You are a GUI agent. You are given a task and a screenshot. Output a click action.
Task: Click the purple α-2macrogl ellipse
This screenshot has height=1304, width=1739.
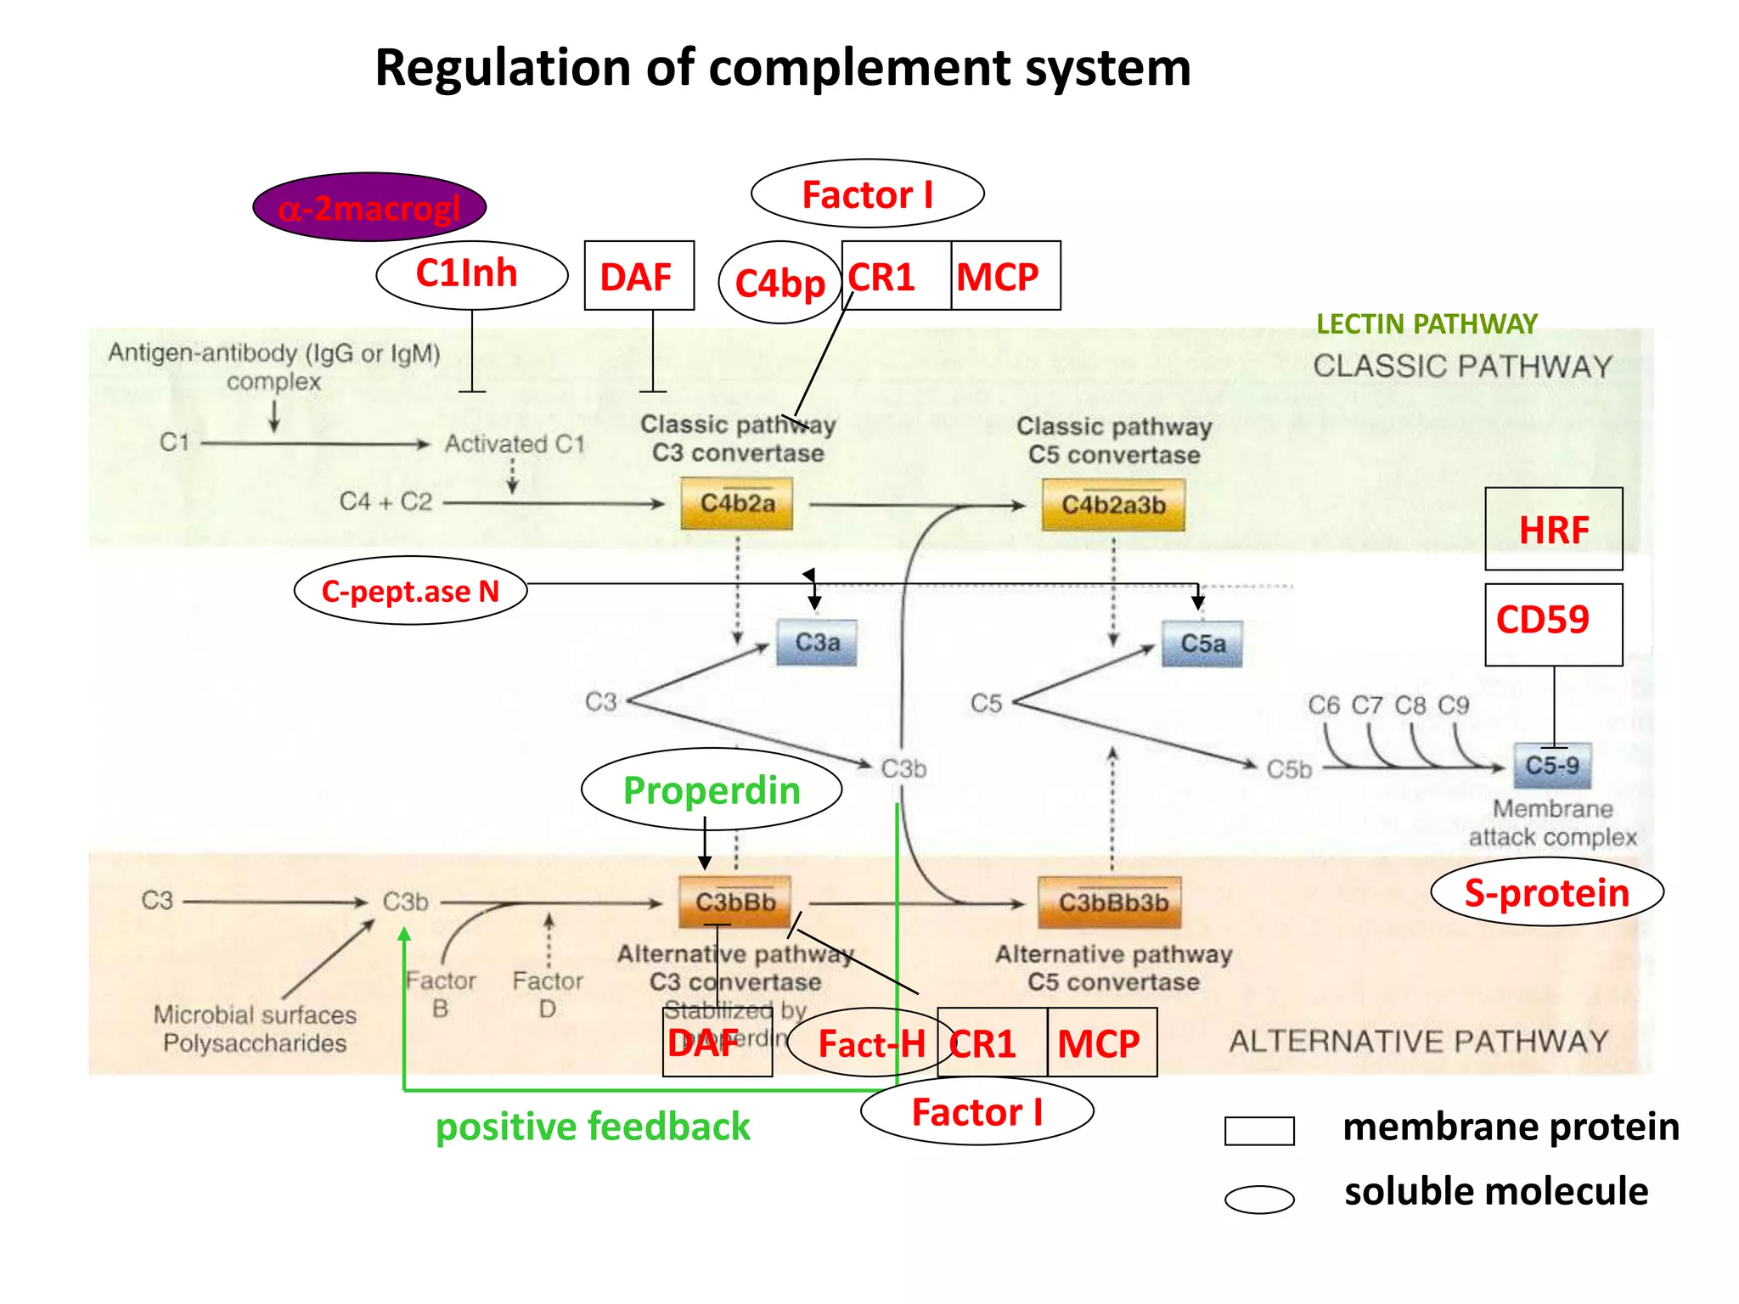click(369, 207)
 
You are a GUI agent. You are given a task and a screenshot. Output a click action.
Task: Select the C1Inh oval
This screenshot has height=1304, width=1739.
click(471, 274)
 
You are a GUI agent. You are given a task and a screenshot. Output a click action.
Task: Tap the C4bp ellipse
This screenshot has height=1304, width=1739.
click(779, 283)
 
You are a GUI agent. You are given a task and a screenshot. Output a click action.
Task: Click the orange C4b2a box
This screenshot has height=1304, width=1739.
click(737, 503)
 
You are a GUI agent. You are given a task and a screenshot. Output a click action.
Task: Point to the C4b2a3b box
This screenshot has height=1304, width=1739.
click(1113, 505)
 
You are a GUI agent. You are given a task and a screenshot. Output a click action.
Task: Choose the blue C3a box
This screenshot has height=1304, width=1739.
click(817, 643)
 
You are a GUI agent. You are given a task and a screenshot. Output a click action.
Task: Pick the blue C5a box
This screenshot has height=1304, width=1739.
click(1202, 644)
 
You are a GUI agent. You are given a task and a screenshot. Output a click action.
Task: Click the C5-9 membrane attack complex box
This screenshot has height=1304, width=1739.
click(1552, 766)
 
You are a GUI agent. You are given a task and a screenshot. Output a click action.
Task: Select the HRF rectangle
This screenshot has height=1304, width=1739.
click(1553, 529)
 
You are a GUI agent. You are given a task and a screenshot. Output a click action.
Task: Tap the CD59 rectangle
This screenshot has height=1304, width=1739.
click(1553, 624)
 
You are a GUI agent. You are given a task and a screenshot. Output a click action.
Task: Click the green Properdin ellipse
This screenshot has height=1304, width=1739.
click(712, 790)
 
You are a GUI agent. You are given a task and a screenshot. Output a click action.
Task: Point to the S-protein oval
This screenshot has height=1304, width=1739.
click(1547, 892)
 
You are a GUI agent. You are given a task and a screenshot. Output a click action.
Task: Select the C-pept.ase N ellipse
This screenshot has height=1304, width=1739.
click(410, 591)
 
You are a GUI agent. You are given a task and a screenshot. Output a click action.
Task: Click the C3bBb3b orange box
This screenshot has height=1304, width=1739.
click(1111, 902)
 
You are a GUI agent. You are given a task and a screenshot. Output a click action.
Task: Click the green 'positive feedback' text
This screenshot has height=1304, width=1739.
click(593, 1127)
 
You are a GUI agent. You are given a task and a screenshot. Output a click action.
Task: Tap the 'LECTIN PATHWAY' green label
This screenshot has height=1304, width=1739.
click(1427, 323)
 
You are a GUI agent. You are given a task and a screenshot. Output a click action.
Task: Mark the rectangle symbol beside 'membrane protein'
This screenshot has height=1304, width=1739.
click(1259, 1131)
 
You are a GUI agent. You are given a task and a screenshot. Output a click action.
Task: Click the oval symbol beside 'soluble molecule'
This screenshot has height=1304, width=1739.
click(1259, 1199)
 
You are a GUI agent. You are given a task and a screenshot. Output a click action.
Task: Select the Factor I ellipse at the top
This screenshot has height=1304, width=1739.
click(867, 194)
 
